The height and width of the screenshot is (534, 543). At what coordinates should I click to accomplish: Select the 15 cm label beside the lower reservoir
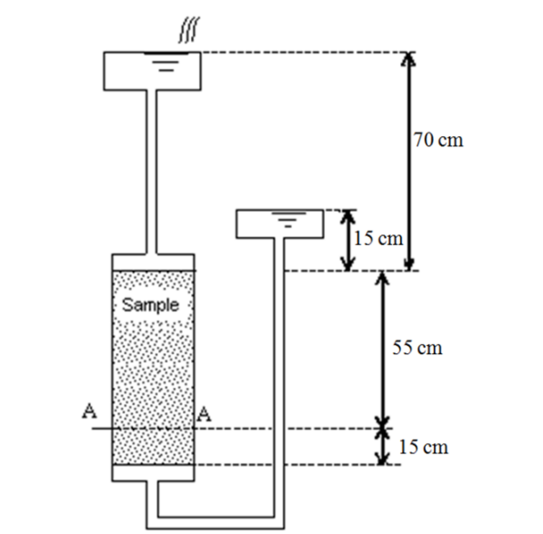click(377, 239)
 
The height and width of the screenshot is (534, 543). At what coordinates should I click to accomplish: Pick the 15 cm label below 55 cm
click(424, 447)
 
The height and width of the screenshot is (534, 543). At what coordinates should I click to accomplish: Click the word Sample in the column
click(151, 304)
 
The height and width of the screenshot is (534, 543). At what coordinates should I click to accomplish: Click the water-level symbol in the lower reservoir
click(290, 218)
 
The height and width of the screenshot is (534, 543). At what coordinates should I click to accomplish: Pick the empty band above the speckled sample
click(152, 262)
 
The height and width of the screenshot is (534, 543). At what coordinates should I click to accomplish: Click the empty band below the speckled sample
click(152, 472)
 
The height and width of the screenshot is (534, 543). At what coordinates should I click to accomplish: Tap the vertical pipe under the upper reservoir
click(152, 173)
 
